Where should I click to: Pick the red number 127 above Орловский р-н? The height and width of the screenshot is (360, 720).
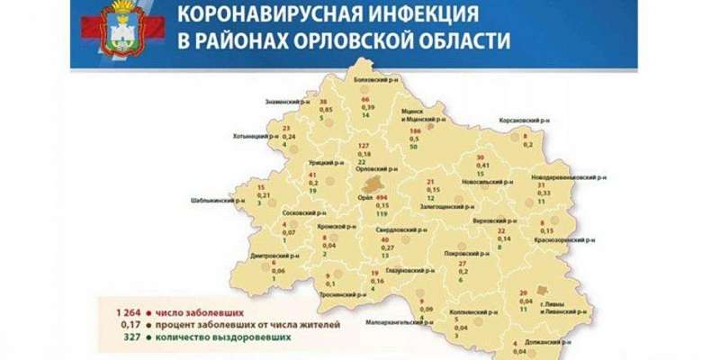click(x=364, y=146)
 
